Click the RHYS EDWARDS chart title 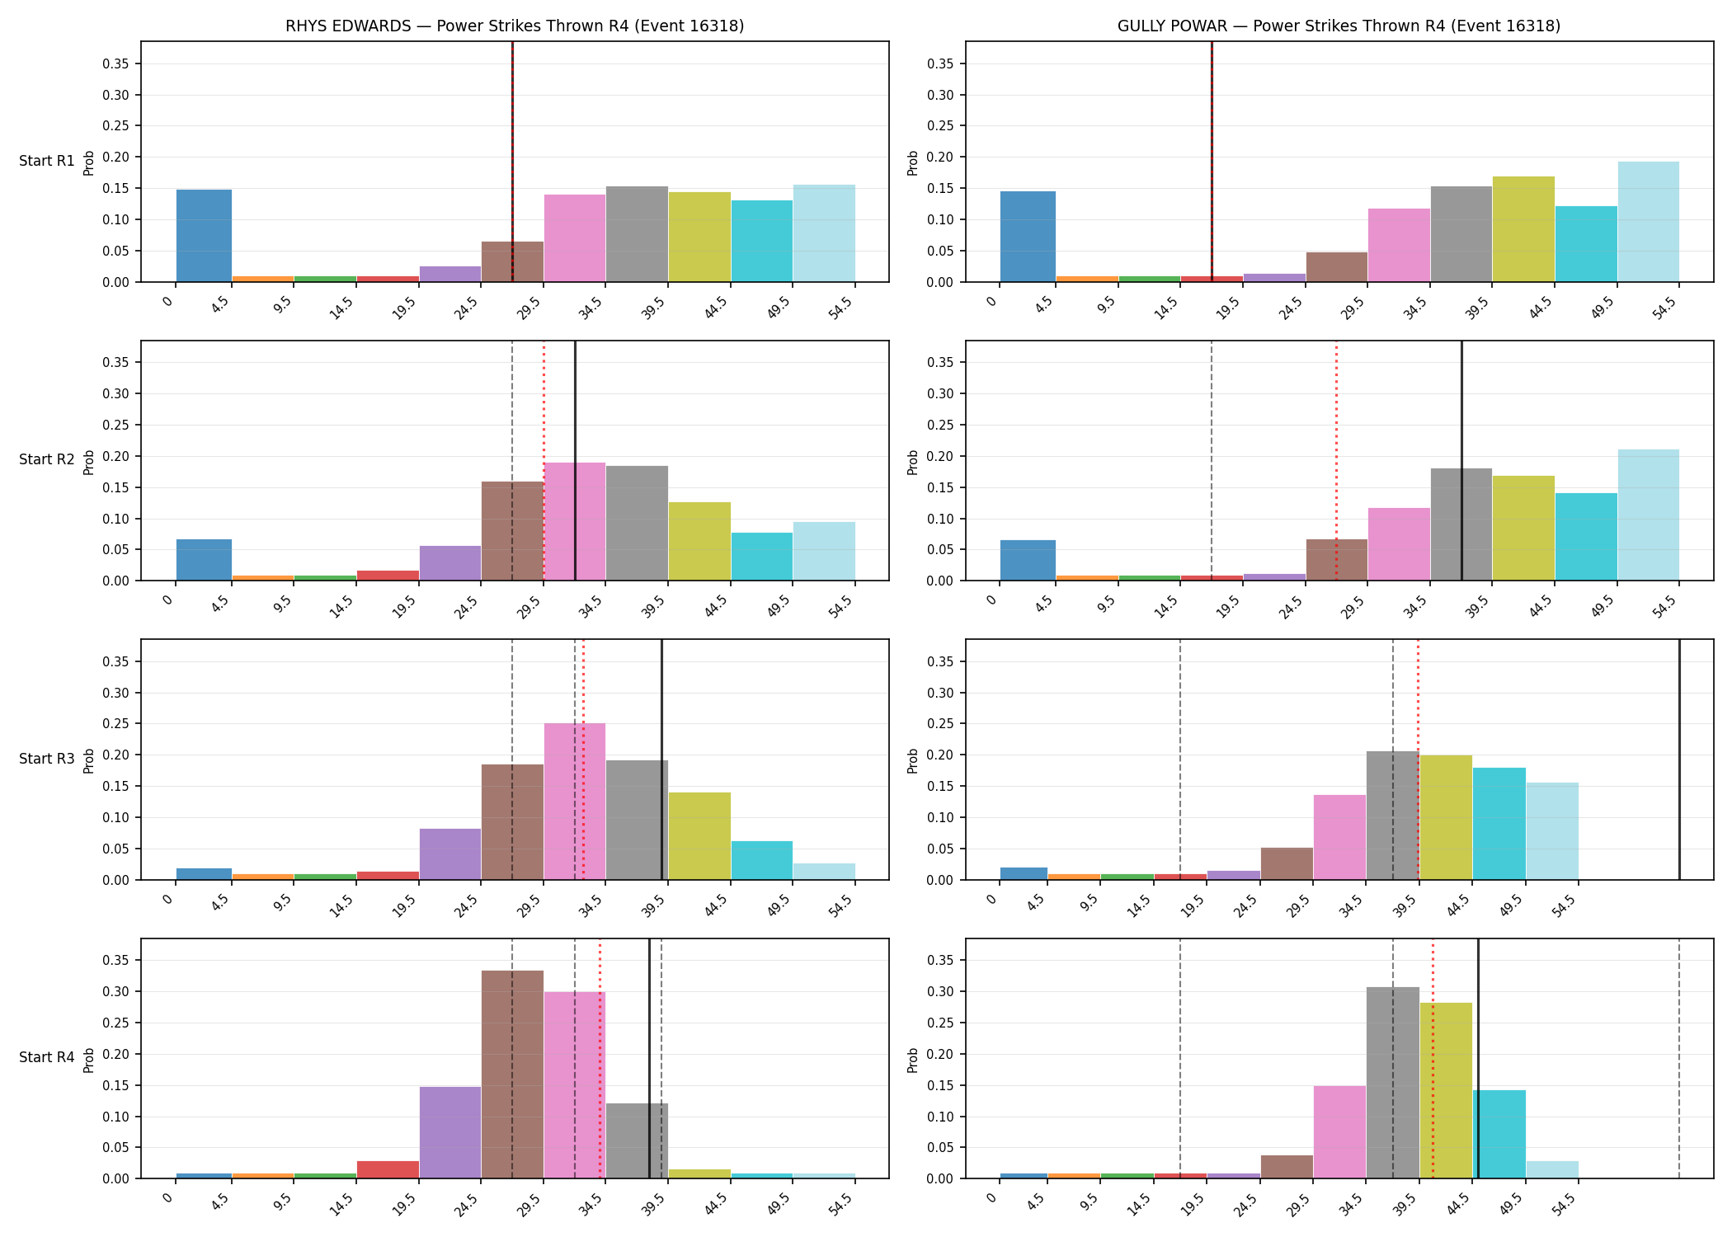pyautogui.click(x=515, y=26)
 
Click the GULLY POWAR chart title pyautogui.click(x=1339, y=26)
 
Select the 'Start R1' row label pyautogui.click(x=47, y=161)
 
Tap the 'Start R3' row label pyautogui.click(x=47, y=759)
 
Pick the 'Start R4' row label pyautogui.click(x=47, y=1057)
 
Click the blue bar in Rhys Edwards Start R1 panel pyautogui.click(x=204, y=236)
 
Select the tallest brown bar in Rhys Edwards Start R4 pyautogui.click(x=512, y=1075)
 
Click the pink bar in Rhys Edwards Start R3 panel pyautogui.click(x=575, y=802)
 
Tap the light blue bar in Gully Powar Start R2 pyautogui.click(x=1648, y=515)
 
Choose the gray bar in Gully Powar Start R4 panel pyautogui.click(x=1393, y=1083)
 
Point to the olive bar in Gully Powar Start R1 pyautogui.click(x=1523, y=229)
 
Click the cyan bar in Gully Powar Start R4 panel pyautogui.click(x=1499, y=1135)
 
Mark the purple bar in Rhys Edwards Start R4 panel pyautogui.click(x=450, y=1133)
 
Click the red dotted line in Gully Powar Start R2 pyautogui.click(x=1336, y=461)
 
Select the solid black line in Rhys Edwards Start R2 pyautogui.click(x=575, y=461)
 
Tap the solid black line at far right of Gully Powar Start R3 pyautogui.click(x=1679, y=760)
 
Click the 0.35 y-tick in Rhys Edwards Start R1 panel pyautogui.click(x=116, y=64)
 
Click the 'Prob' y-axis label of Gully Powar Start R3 pyautogui.click(x=913, y=760)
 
